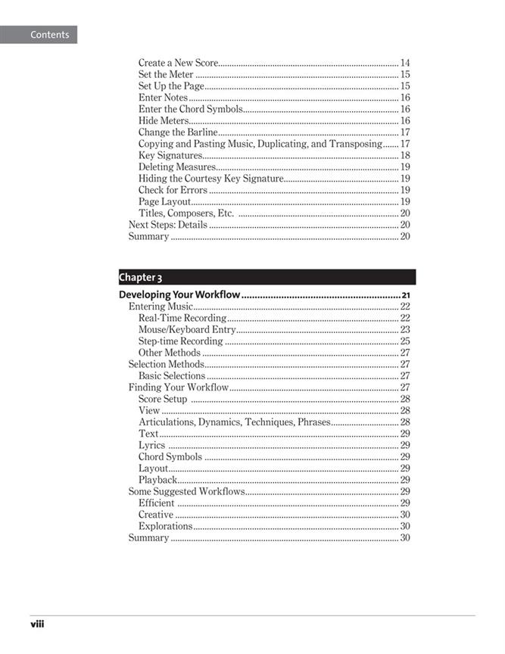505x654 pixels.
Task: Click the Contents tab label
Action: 49,35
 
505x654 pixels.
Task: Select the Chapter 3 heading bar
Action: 267,277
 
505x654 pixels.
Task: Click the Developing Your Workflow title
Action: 179,294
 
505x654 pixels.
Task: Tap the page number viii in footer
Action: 37,625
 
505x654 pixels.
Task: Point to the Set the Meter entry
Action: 166,74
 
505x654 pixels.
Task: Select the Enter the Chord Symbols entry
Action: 190,109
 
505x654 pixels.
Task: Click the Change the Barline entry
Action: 178,132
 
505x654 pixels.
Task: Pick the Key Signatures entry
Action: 170,155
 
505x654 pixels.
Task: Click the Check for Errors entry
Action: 173,190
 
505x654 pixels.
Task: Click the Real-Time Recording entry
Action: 182,318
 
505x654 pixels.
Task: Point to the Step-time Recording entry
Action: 180,341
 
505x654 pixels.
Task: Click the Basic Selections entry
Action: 172,375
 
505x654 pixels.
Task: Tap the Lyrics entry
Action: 151,445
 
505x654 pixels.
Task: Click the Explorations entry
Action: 165,526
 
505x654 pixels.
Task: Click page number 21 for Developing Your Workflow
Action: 406,295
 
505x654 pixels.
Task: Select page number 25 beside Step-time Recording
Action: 405,341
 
